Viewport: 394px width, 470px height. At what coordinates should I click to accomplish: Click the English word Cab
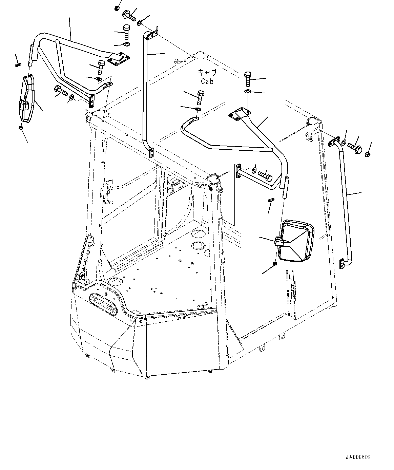[207, 81]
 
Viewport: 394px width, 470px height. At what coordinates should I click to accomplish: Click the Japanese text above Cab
[207, 73]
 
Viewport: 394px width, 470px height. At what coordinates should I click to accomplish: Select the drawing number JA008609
[358, 457]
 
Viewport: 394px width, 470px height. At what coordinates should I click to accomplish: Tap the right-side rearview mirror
[295, 241]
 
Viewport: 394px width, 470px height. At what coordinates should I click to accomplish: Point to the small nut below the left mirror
[20, 128]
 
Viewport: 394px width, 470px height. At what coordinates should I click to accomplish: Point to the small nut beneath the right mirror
[275, 264]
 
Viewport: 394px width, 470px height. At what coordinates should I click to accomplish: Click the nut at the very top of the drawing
[117, 7]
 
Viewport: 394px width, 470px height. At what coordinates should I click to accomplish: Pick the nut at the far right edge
[368, 154]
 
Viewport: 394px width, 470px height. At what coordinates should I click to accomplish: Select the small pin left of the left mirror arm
[18, 65]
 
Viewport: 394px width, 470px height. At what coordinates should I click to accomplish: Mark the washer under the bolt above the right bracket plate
[248, 92]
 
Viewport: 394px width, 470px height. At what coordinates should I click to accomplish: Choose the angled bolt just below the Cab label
[200, 96]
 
